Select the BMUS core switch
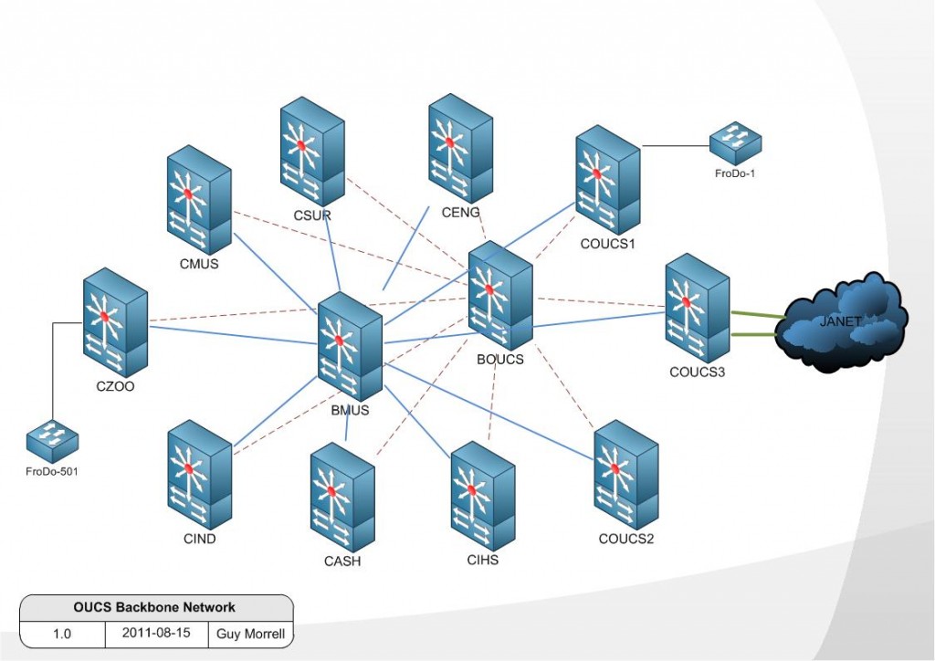(350, 347)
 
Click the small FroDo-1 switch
(735, 142)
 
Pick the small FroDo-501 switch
(52, 443)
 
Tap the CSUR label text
(312, 216)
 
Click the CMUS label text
(200, 266)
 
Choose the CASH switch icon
(342, 498)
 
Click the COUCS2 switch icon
(625, 475)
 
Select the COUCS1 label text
(607, 244)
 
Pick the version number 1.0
(62, 633)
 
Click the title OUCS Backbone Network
(154, 607)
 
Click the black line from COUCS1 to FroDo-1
(676, 145)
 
